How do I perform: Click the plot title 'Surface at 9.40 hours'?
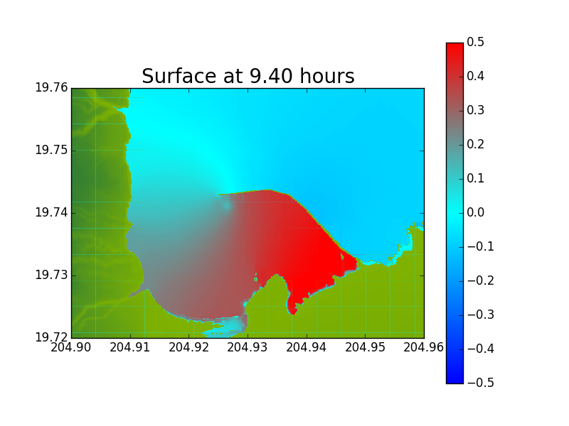click(x=248, y=77)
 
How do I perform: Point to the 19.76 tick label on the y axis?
click(x=51, y=87)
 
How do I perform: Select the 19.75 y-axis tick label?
click(x=51, y=150)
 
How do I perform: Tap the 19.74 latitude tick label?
click(x=51, y=212)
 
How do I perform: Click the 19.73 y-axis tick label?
click(x=51, y=275)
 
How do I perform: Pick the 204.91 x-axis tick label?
click(x=130, y=347)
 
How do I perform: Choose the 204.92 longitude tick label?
click(x=188, y=347)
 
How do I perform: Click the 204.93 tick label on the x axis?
click(x=248, y=347)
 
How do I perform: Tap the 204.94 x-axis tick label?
click(x=307, y=347)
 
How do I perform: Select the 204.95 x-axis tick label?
click(x=365, y=347)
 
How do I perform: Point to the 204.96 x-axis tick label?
click(x=423, y=347)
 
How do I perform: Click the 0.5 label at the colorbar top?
click(x=475, y=42)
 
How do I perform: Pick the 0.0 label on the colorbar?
click(x=475, y=212)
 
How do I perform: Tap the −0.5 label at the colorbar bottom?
click(x=481, y=383)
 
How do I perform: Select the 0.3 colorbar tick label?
click(x=475, y=110)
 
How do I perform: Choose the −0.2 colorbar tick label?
click(x=481, y=280)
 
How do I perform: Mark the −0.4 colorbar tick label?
click(x=481, y=349)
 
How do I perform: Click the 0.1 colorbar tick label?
click(x=475, y=178)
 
